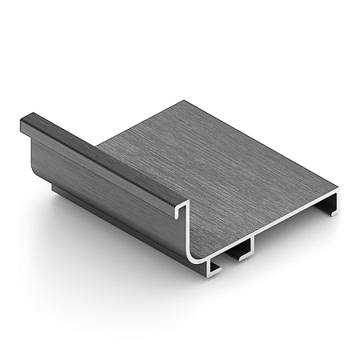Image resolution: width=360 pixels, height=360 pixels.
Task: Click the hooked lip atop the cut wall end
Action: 182,206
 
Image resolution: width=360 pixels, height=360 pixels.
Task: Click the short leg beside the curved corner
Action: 214,269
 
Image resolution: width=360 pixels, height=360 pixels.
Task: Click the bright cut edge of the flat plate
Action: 272,228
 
